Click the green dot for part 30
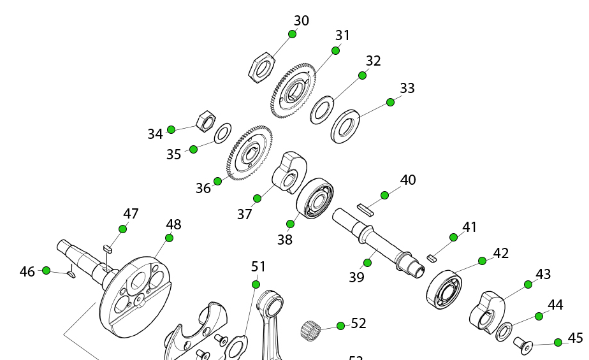click(293, 34)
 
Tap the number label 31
click(343, 35)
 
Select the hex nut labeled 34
click(205, 120)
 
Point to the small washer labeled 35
click(222, 134)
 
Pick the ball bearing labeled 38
click(316, 198)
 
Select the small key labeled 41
click(432, 258)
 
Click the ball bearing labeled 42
click(444, 289)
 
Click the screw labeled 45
click(522, 346)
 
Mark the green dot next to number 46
click(46, 270)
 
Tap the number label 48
click(173, 224)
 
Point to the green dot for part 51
click(256, 284)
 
